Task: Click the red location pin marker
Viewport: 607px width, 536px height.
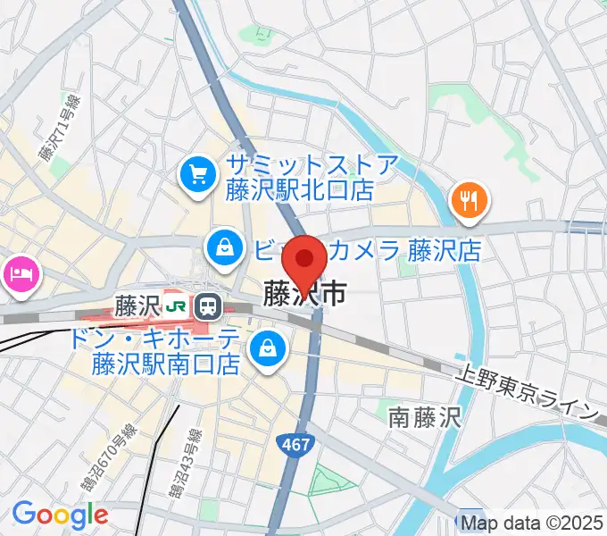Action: pos(304,261)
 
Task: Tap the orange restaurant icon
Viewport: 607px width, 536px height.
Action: pos(469,199)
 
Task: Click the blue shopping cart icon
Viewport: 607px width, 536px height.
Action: pos(196,172)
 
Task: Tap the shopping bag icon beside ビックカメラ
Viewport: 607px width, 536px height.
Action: pos(221,247)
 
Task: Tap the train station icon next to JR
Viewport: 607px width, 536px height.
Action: pos(209,306)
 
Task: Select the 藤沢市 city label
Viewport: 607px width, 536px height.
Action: pos(304,293)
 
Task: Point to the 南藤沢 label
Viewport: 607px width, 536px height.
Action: pos(424,415)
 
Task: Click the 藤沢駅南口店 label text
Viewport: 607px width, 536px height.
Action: pos(166,364)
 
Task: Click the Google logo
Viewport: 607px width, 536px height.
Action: pos(60,515)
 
